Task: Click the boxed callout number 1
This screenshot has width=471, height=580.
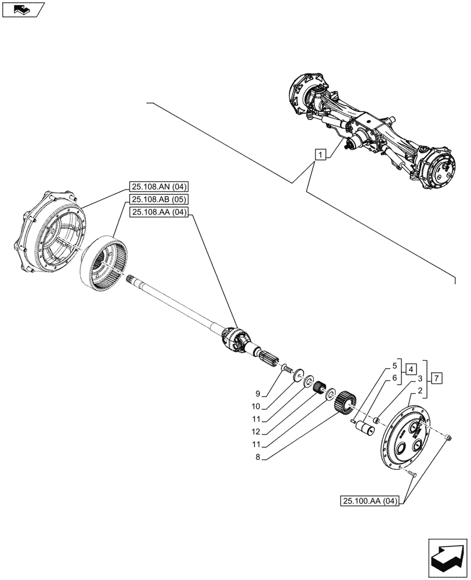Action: click(320, 154)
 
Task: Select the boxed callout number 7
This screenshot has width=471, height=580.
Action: click(437, 378)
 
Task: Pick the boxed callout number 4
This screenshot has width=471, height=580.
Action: click(410, 369)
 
